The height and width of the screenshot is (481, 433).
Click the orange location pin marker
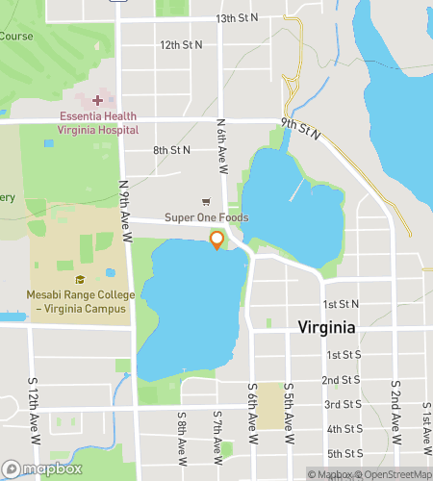216,240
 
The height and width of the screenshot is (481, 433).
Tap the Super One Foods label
206,217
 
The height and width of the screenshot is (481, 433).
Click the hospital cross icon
96,101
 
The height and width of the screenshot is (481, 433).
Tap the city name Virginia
326,327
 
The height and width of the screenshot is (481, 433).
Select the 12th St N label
181,44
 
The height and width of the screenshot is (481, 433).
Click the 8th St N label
171,150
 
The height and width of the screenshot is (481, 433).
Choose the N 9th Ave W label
124,203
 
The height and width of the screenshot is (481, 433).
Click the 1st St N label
341,303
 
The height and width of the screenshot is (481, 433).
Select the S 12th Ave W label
34,404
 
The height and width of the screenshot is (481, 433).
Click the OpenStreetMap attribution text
395,473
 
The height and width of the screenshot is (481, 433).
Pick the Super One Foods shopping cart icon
205,201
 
